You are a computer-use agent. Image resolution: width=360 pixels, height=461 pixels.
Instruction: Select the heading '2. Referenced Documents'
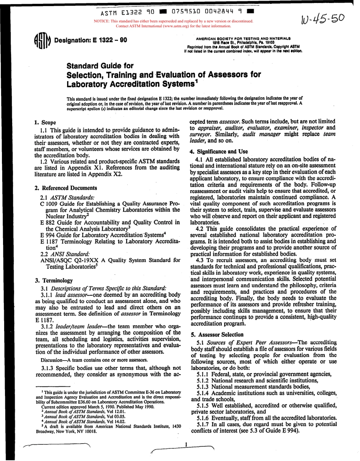(x=66, y=188)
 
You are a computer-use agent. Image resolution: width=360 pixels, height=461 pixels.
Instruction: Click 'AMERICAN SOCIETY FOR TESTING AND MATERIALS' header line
(x=243, y=38)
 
